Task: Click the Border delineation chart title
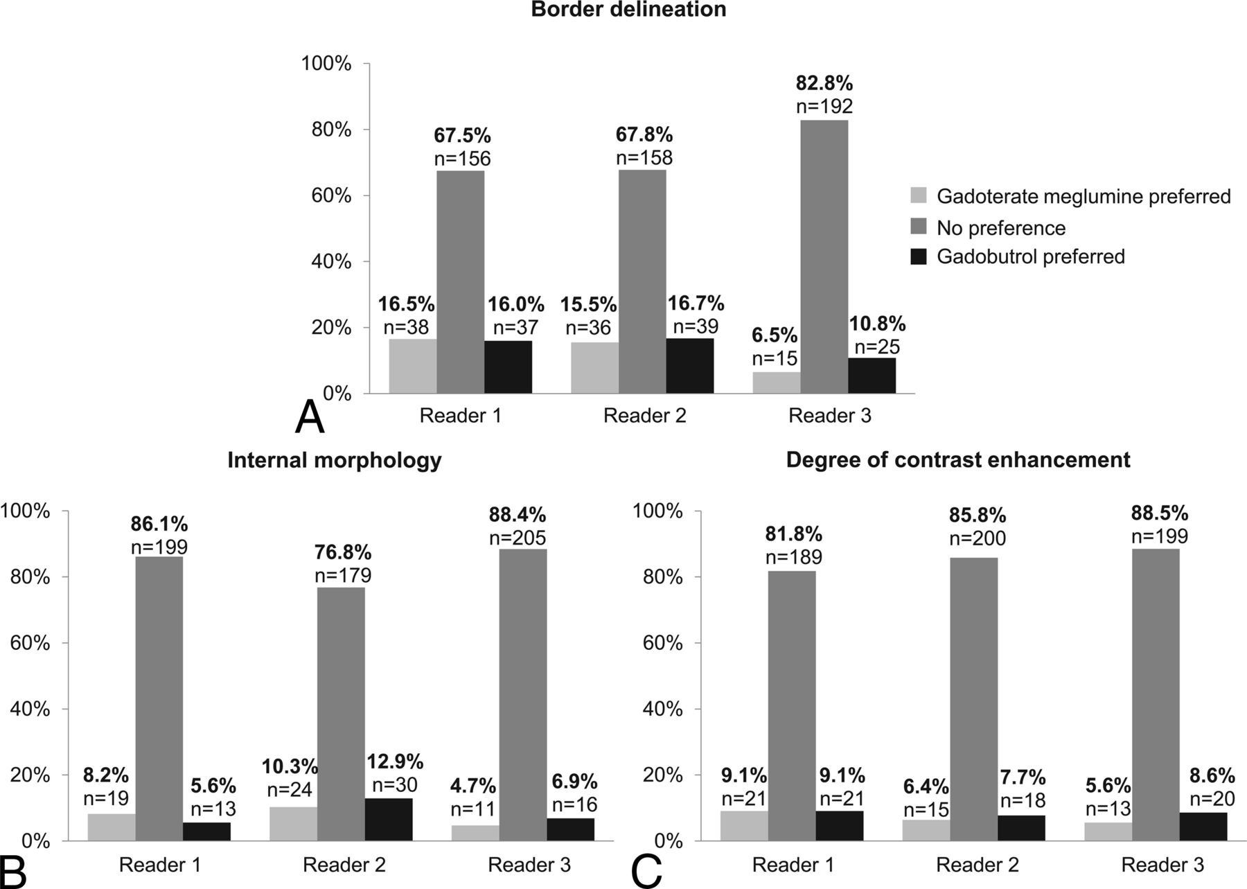[628, 10]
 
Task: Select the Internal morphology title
[334, 460]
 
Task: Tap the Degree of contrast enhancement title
[958, 459]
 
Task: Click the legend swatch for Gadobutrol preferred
[918, 257]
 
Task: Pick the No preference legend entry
[1000, 228]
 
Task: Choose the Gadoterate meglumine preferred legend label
[1083, 197]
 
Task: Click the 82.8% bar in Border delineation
[824, 256]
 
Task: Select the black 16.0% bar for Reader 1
[508, 367]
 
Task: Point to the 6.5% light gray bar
[776, 382]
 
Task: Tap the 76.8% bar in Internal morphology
[341, 714]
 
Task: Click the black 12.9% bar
[389, 820]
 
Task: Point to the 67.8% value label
[644, 134]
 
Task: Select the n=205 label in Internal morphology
[518, 538]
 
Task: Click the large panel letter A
[309, 418]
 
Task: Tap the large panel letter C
[647, 871]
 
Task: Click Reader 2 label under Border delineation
[644, 416]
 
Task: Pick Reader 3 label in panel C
[1162, 865]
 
